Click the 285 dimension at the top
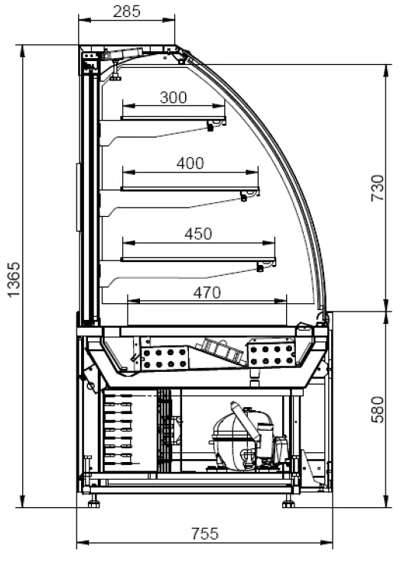tap(126, 11)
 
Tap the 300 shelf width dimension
tap(174, 98)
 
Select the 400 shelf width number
tap(190, 163)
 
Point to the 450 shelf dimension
tap(198, 234)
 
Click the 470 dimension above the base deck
tap(206, 292)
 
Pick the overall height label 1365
tap(15, 280)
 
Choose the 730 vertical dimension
tap(378, 188)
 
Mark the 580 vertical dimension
tap(378, 409)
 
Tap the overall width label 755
tap(205, 534)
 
